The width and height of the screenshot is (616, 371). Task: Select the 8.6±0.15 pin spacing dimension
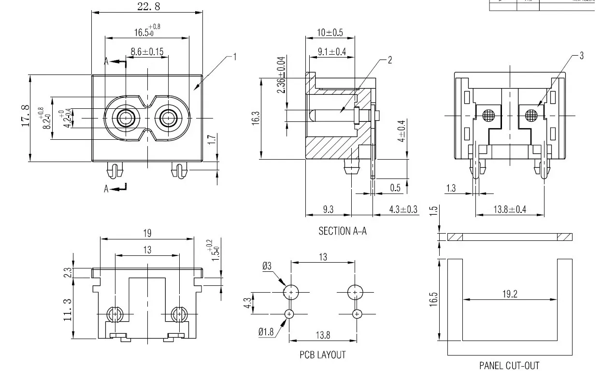pos(147,51)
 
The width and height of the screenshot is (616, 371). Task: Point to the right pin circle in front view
pos(169,118)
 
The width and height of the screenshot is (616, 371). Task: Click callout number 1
pos(235,57)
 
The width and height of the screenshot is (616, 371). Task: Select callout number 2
pos(390,60)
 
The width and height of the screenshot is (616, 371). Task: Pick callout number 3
pos(581,56)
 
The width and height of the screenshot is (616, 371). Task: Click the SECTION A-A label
pos(342,231)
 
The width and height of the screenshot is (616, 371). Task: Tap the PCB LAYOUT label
pos(322,355)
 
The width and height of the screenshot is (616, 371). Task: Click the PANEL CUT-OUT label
pos(509,365)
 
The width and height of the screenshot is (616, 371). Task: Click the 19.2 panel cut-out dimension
pos(510,294)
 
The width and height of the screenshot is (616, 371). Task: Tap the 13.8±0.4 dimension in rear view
pos(510,209)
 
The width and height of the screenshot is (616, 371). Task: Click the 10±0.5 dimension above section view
pos(329,33)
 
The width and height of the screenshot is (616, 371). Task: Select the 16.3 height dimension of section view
pos(256,119)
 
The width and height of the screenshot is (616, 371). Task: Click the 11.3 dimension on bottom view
pos(67,310)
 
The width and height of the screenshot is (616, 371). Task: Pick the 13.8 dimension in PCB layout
pos(322,334)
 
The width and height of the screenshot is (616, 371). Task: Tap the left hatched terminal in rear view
pos(489,115)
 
